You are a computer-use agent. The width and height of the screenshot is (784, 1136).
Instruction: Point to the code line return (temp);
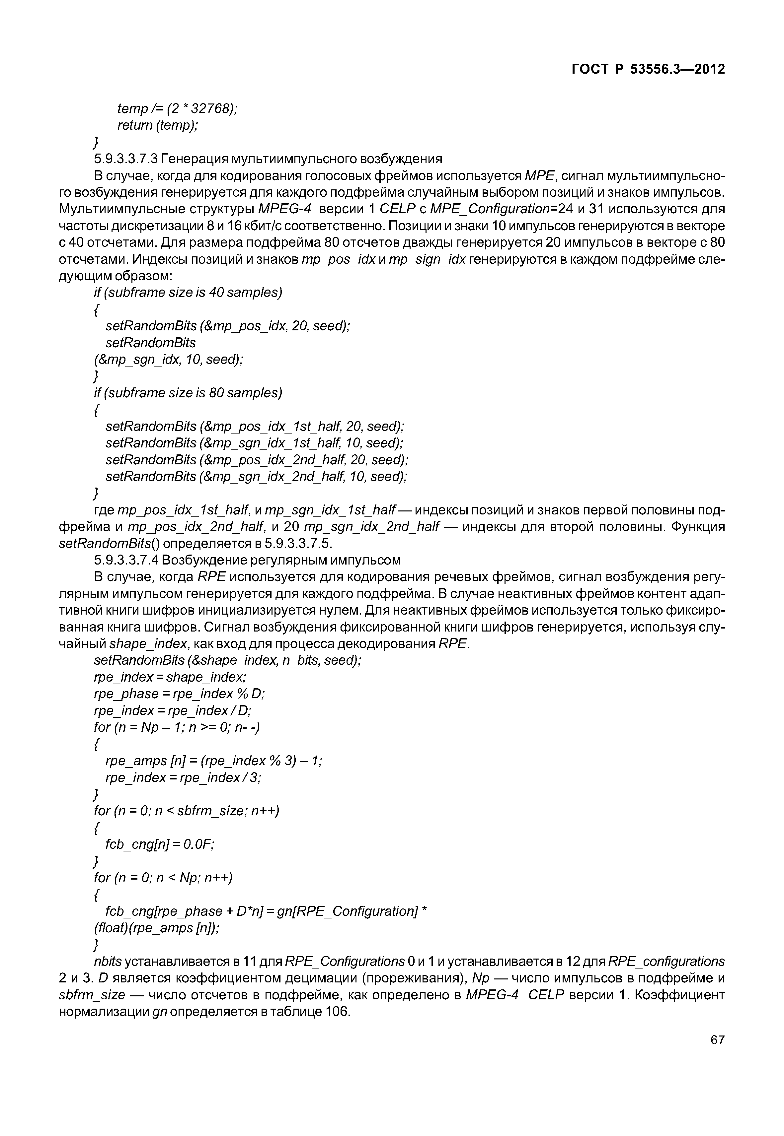pos(158,126)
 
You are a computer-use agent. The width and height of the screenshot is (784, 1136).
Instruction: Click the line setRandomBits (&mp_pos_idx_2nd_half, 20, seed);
pos(257,460)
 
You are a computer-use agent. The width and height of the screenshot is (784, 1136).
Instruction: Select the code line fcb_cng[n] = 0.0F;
pos(160,844)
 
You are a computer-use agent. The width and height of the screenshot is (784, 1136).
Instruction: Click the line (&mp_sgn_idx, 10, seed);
pos(169,360)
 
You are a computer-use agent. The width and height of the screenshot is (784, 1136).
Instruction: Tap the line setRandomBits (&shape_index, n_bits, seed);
pos(227,660)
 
